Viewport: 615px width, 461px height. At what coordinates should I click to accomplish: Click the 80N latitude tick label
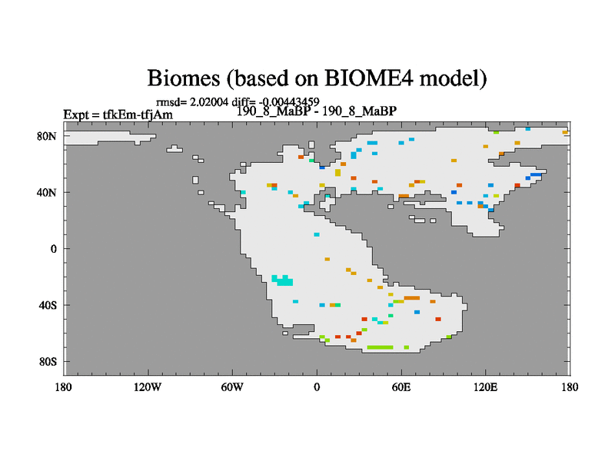[47, 137]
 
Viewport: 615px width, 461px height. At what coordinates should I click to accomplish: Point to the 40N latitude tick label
[47, 193]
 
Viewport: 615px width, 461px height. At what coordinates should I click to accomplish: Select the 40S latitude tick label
[48, 305]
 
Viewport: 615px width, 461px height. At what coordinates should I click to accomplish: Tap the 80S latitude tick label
[48, 361]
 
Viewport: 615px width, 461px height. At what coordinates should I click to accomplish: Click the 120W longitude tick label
[148, 387]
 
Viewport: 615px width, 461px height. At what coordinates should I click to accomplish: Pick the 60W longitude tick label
[232, 387]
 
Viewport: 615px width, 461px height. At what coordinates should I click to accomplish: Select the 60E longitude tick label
[401, 387]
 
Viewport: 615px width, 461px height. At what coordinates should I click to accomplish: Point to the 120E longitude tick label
[486, 387]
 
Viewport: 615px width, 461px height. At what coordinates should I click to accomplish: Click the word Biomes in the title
[184, 78]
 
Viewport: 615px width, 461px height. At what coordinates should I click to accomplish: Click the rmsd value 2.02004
[209, 102]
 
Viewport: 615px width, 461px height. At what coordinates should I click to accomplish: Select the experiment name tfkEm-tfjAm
[138, 114]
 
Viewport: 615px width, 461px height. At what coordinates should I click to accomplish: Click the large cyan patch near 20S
[282, 280]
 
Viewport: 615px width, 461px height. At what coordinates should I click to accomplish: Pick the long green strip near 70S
[380, 347]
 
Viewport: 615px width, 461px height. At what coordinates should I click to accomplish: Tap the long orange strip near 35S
[412, 298]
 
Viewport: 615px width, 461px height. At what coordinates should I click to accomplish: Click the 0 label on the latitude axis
[53, 249]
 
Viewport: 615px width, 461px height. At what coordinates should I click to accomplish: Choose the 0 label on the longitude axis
[317, 387]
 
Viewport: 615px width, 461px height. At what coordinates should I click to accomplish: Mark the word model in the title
[454, 78]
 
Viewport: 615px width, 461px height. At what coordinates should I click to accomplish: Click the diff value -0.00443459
[289, 102]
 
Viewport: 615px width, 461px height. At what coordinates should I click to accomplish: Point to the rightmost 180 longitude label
[570, 387]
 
